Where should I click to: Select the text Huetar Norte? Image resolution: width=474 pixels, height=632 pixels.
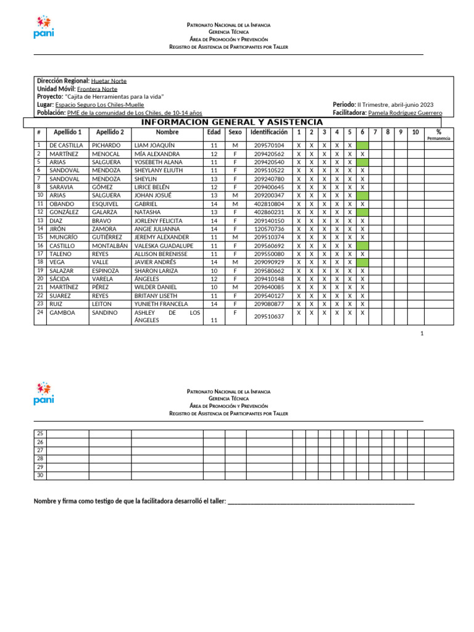click(x=109, y=81)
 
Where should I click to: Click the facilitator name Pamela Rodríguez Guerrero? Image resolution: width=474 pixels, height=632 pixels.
click(x=405, y=113)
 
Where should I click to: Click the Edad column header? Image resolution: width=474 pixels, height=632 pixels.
click(x=214, y=132)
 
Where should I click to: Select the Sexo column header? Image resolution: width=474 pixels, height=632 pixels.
click(x=235, y=132)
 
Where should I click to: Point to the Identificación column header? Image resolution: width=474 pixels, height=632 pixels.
click(x=269, y=132)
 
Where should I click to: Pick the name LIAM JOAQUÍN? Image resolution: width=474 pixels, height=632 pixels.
click(x=154, y=145)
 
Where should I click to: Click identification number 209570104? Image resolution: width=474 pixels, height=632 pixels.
click(x=269, y=145)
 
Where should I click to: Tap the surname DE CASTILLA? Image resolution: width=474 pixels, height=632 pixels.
click(x=66, y=145)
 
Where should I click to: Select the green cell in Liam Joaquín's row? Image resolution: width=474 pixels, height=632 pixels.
click(x=362, y=145)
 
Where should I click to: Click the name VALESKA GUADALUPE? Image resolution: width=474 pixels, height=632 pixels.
click(x=164, y=246)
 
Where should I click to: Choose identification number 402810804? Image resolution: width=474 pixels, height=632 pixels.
click(x=269, y=204)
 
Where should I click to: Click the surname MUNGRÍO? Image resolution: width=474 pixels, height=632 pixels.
click(x=64, y=237)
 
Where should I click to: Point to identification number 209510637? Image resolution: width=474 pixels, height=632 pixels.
click(x=269, y=317)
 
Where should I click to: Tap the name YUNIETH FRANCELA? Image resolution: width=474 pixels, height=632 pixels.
click(x=162, y=304)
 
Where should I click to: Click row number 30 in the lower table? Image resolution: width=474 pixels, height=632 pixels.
click(x=40, y=475)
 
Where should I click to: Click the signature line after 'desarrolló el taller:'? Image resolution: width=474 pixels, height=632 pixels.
click(x=321, y=502)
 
